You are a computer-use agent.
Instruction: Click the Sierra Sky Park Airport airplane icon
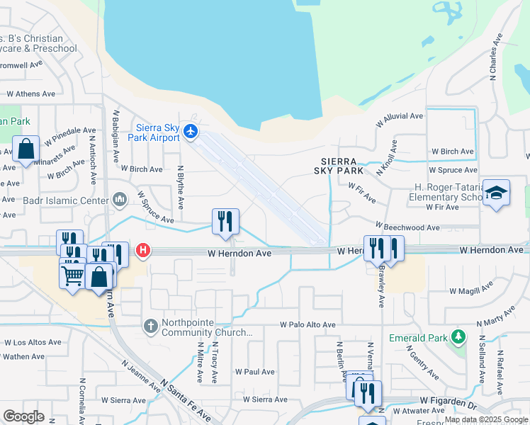point(190,131)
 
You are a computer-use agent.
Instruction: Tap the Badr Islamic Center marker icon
point(119,200)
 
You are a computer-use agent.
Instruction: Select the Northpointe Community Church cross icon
point(150,327)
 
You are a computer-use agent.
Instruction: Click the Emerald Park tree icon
point(458,336)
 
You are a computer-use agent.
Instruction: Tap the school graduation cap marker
point(496,193)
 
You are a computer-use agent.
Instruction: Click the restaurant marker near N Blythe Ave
point(225,221)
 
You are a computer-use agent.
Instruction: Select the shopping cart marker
point(72,277)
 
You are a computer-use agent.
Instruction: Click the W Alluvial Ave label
point(399,116)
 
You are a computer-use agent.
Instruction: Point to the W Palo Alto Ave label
point(307,324)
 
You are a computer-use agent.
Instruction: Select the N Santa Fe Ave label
point(186,401)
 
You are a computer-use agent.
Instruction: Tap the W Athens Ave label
point(30,93)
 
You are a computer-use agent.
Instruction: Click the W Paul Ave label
point(254,371)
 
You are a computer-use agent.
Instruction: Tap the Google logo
point(23,416)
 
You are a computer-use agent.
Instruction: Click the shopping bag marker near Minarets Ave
point(26,150)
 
